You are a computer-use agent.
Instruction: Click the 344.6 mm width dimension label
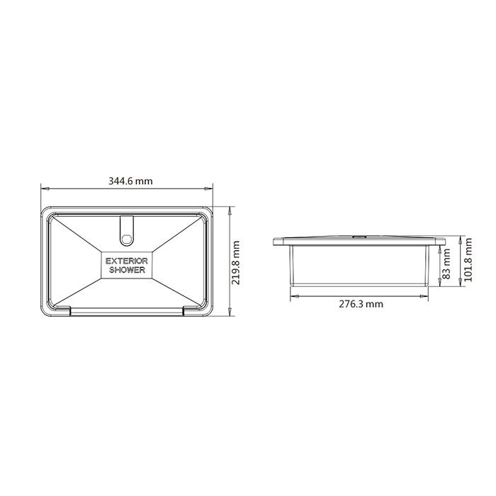(x=130, y=181)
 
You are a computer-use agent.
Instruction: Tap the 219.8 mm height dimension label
(x=236, y=263)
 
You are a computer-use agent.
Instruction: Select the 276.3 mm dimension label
(x=361, y=304)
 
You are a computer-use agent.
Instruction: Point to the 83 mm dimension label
(x=446, y=264)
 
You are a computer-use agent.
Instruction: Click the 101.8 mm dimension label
(x=468, y=260)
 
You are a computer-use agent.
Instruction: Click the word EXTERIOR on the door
(x=127, y=261)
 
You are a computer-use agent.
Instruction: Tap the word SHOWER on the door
(x=127, y=270)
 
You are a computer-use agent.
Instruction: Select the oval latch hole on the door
(x=127, y=239)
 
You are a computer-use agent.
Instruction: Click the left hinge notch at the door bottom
(x=62, y=310)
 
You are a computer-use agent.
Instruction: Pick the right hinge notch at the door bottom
(x=191, y=310)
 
